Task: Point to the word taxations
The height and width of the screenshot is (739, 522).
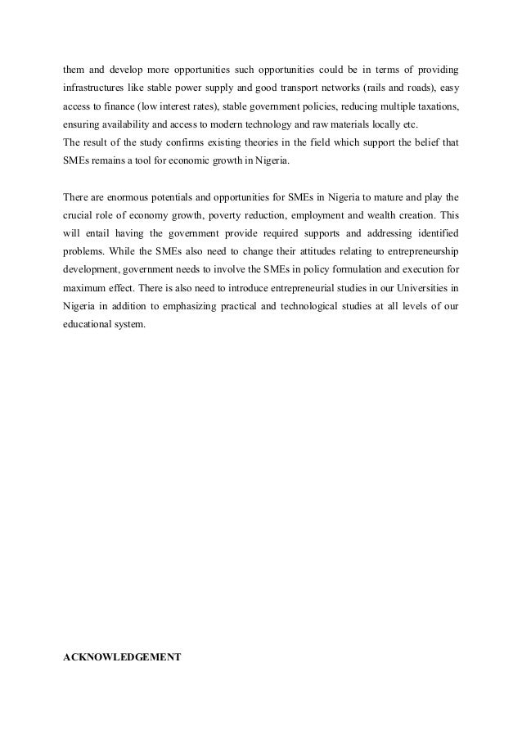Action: [436, 106]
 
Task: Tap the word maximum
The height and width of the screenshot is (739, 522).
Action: [85, 289]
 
